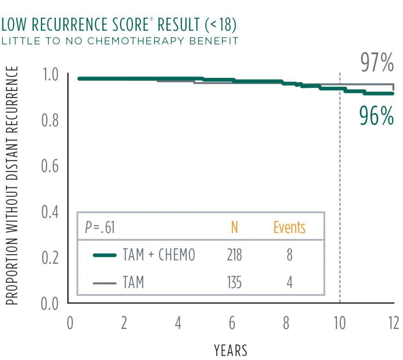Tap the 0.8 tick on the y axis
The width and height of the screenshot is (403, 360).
(50, 120)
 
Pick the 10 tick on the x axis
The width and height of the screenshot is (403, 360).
(340, 323)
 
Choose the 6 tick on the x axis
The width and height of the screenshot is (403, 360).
(232, 323)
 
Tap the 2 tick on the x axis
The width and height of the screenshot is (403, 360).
(124, 323)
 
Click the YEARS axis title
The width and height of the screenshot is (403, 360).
(231, 350)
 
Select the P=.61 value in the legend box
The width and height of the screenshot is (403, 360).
(100, 227)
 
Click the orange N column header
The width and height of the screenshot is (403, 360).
(234, 227)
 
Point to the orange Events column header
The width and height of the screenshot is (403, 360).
(289, 227)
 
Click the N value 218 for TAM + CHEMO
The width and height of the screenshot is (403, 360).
(234, 255)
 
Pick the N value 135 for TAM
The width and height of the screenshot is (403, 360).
(234, 282)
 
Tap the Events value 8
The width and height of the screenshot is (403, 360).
(290, 255)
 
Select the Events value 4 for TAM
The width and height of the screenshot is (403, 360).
(290, 282)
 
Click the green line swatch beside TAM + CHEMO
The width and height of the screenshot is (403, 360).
(105, 255)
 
